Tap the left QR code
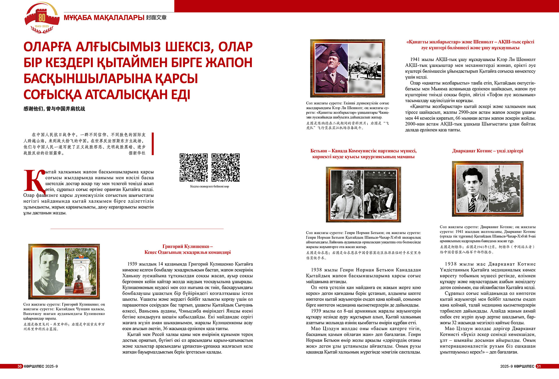pyautogui.click(x=194, y=168)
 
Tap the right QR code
pyautogui.click(x=226, y=168)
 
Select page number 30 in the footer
pyautogui.click(x=20, y=366)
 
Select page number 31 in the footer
pyautogui.click(x=538, y=366)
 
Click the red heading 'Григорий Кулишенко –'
pyautogui.click(x=187, y=247)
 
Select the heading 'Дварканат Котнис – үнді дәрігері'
pyautogui.click(x=487, y=151)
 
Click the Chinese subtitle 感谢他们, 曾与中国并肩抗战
pyautogui.click(x=54, y=109)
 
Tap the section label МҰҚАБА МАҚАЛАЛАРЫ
pyautogui.click(x=104, y=18)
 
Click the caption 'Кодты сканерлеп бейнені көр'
pyautogui.click(x=209, y=186)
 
